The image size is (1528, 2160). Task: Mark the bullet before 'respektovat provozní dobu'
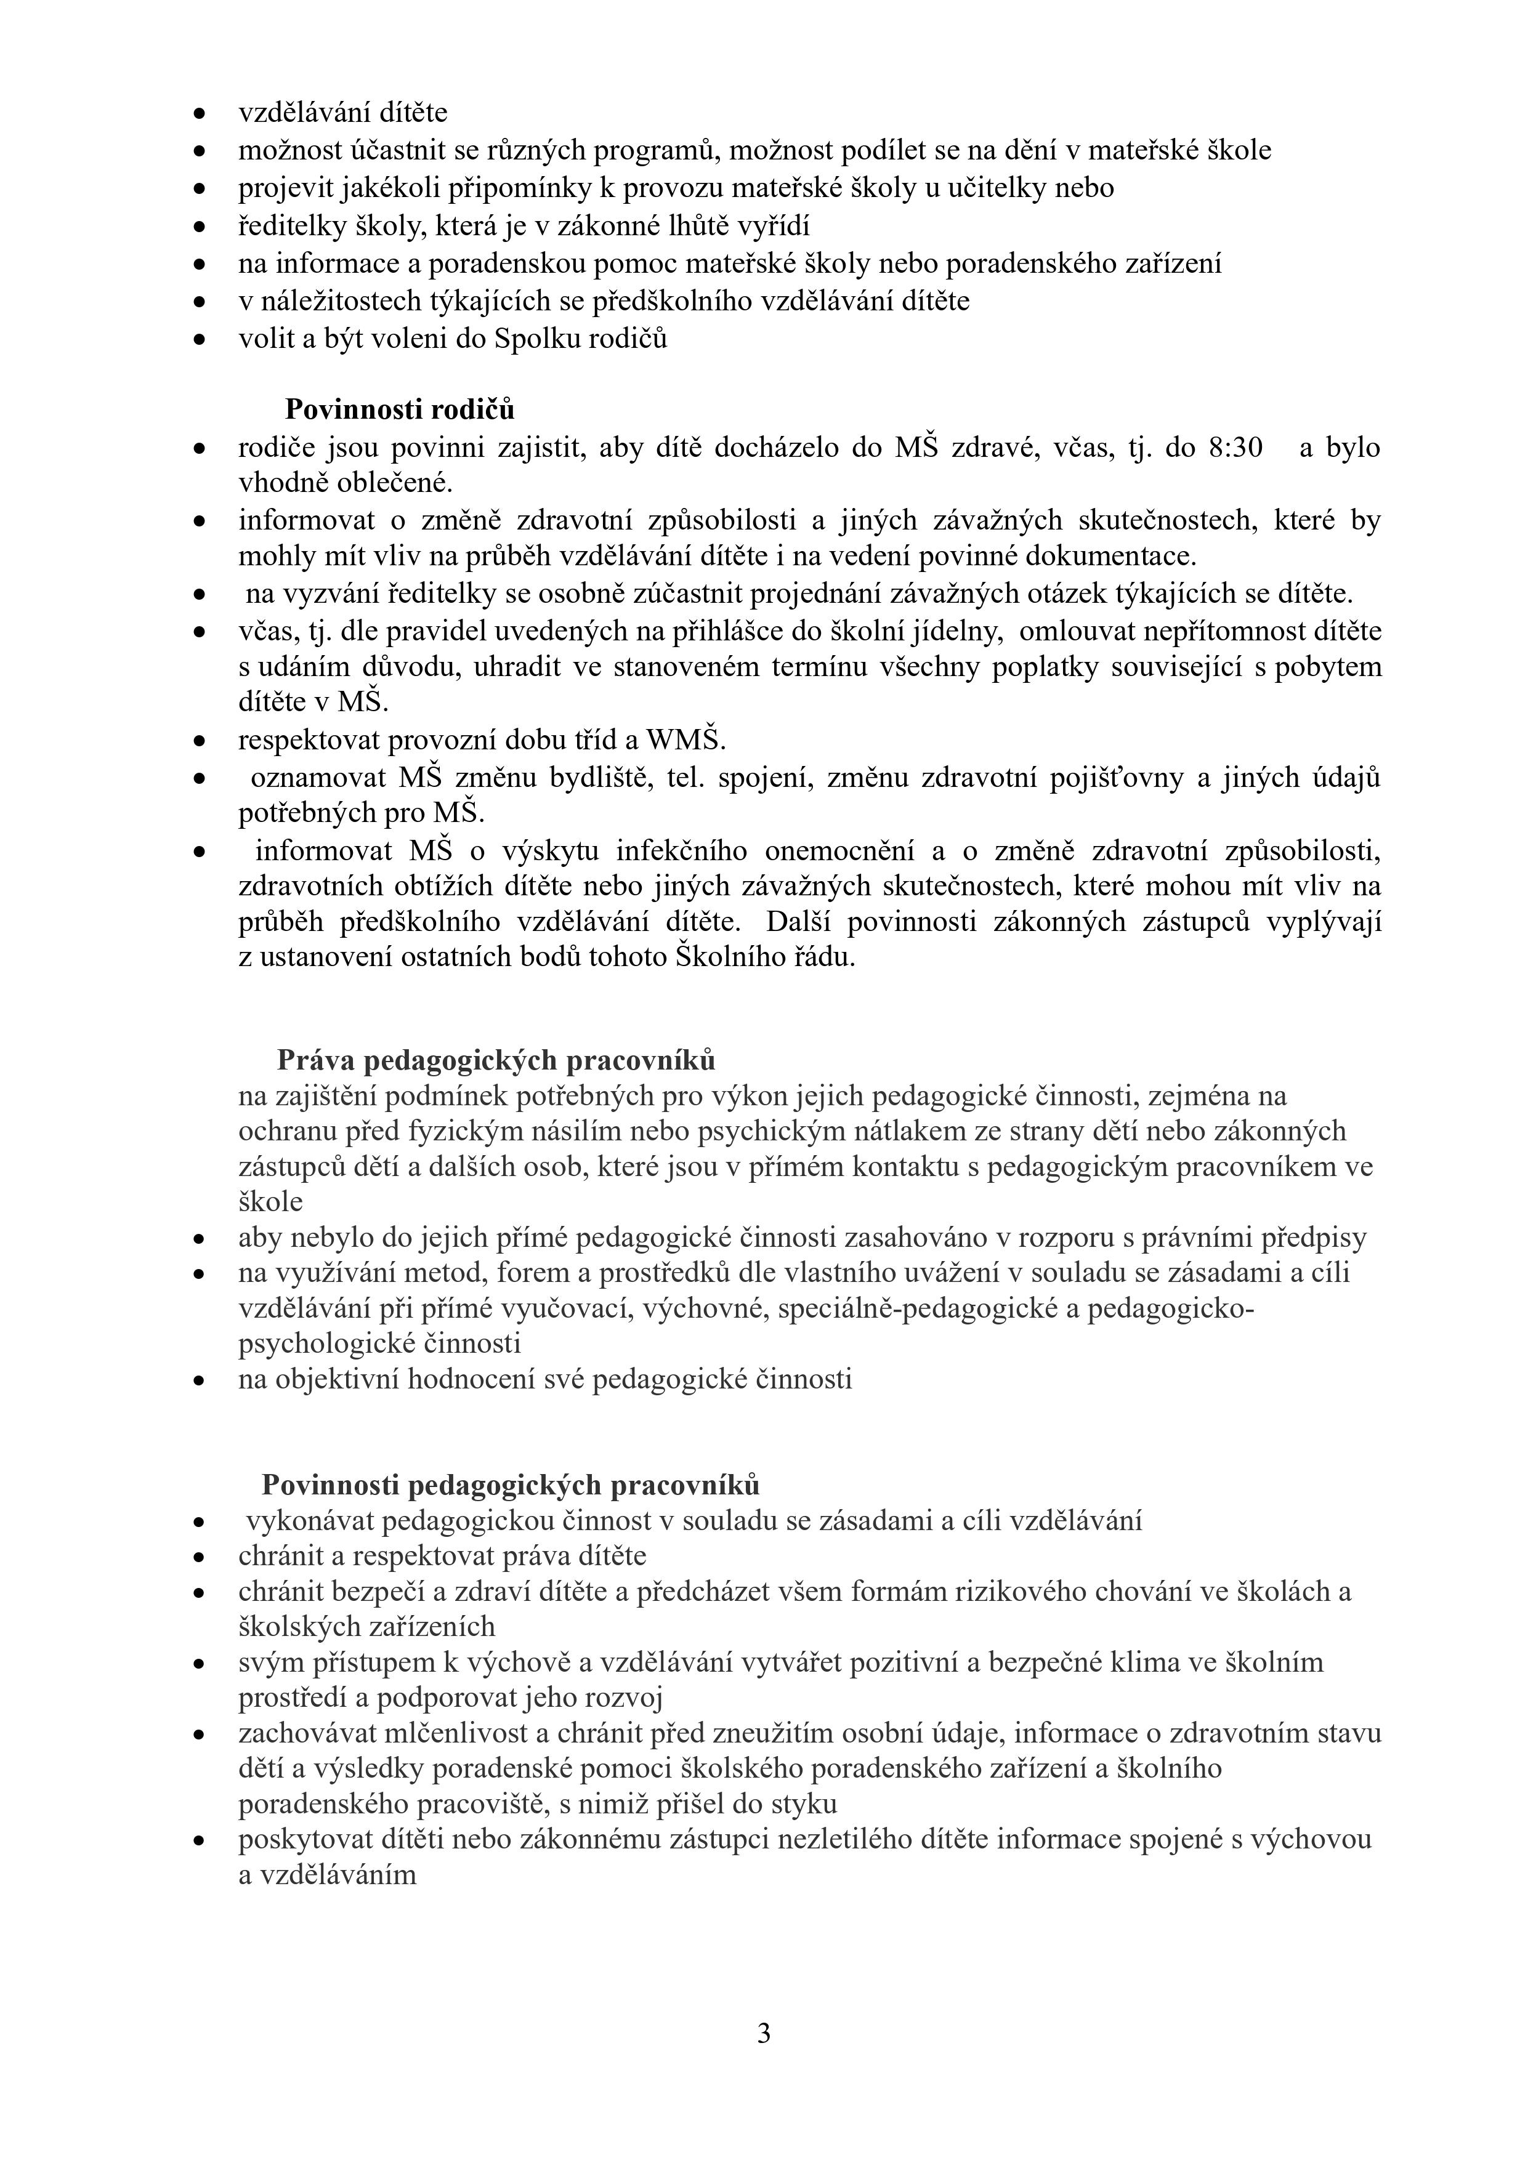coord(200,741)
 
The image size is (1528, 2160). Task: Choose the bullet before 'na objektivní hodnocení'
coord(200,1380)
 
